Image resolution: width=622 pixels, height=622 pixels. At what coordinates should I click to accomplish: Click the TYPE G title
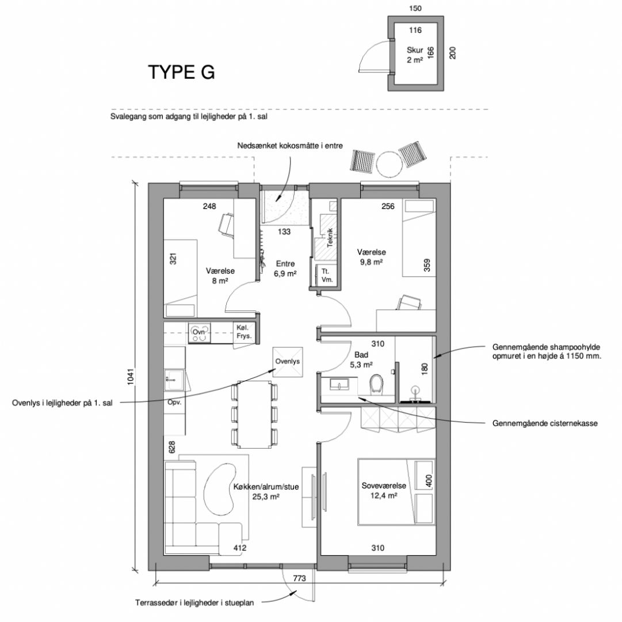tap(181, 72)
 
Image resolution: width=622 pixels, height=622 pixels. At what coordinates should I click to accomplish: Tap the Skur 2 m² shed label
tap(414, 55)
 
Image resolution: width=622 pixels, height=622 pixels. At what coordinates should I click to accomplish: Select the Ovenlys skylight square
tap(288, 362)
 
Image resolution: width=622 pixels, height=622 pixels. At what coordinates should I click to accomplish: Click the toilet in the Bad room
tap(376, 385)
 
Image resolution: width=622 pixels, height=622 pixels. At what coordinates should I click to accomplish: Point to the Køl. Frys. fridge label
tap(243, 332)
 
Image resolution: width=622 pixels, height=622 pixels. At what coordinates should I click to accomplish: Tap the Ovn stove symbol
tap(199, 332)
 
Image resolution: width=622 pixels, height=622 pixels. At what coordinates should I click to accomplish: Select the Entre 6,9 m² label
tap(285, 269)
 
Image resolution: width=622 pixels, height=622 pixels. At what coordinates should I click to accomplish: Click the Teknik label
tap(330, 238)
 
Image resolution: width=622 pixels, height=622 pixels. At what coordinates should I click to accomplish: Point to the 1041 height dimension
tap(131, 377)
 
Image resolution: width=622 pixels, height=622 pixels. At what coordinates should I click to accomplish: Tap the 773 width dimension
tap(300, 578)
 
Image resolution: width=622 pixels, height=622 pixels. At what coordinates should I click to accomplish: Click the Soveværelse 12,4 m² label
tap(384, 491)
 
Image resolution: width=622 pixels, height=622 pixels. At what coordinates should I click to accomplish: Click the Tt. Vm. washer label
tap(327, 275)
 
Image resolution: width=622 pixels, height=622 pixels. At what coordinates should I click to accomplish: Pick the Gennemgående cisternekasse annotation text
tap(545, 423)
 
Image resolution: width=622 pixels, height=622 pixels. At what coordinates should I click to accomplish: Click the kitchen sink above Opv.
tap(174, 380)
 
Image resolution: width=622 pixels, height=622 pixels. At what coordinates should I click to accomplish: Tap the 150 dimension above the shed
tap(415, 8)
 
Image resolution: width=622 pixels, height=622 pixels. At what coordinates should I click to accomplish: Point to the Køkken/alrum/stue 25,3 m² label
tap(266, 491)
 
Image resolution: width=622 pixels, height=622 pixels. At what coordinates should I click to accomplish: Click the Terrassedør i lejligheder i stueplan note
tap(194, 603)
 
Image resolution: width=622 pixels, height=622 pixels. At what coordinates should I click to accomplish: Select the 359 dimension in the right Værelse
tap(427, 265)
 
